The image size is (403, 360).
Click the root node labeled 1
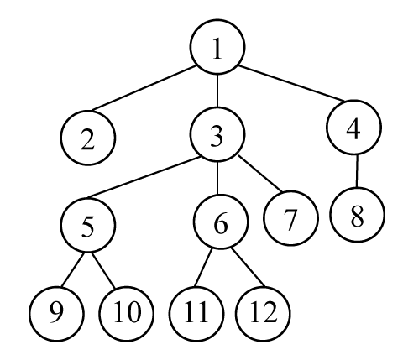pyautogui.click(x=217, y=47)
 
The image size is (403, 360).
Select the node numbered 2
pyautogui.click(x=88, y=138)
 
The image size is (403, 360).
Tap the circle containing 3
pyautogui.click(x=217, y=134)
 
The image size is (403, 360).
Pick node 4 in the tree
pyautogui.click(x=353, y=128)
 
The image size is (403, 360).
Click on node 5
pyautogui.click(x=88, y=225)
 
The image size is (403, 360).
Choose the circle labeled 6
pyautogui.click(x=221, y=222)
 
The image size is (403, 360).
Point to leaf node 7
pyautogui.click(x=290, y=218)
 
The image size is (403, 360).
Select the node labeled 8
pyautogui.click(x=358, y=215)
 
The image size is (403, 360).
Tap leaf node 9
pyautogui.click(x=56, y=314)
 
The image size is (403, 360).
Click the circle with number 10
pyautogui.click(x=126, y=314)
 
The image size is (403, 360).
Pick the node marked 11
pyautogui.click(x=196, y=314)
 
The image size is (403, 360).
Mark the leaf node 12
pyautogui.click(x=263, y=314)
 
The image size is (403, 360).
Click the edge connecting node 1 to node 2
pyautogui.click(x=144, y=88)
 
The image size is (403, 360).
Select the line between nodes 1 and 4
pyautogui.click(x=291, y=83)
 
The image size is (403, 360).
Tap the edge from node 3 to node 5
pyautogui.click(x=144, y=177)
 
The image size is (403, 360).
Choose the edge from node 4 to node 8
pyautogui.click(x=357, y=171)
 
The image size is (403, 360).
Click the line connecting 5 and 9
pyautogui.click(x=73, y=269)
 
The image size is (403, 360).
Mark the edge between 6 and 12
pyautogui.click(x=248, y=268)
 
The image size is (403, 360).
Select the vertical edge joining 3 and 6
pyautogui.click(x=217, y=178)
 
